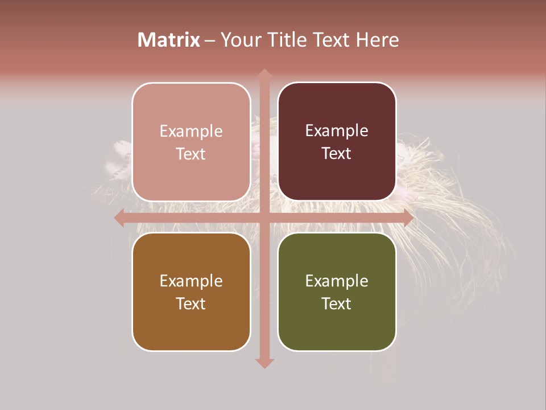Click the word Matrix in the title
point(169,40)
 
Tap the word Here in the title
point(377,40)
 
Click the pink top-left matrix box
point(191,142)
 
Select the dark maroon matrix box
point(337,142)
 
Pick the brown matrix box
point(191,292)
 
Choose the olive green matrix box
point(337,292)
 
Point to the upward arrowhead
point(264,74)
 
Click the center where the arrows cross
point(264,218)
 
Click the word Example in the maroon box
point(337,131)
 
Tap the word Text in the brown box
point(191,304)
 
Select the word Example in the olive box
point(337,281)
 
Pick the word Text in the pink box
point(191,154)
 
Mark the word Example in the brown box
point(191,281)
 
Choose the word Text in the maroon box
point(337,154)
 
